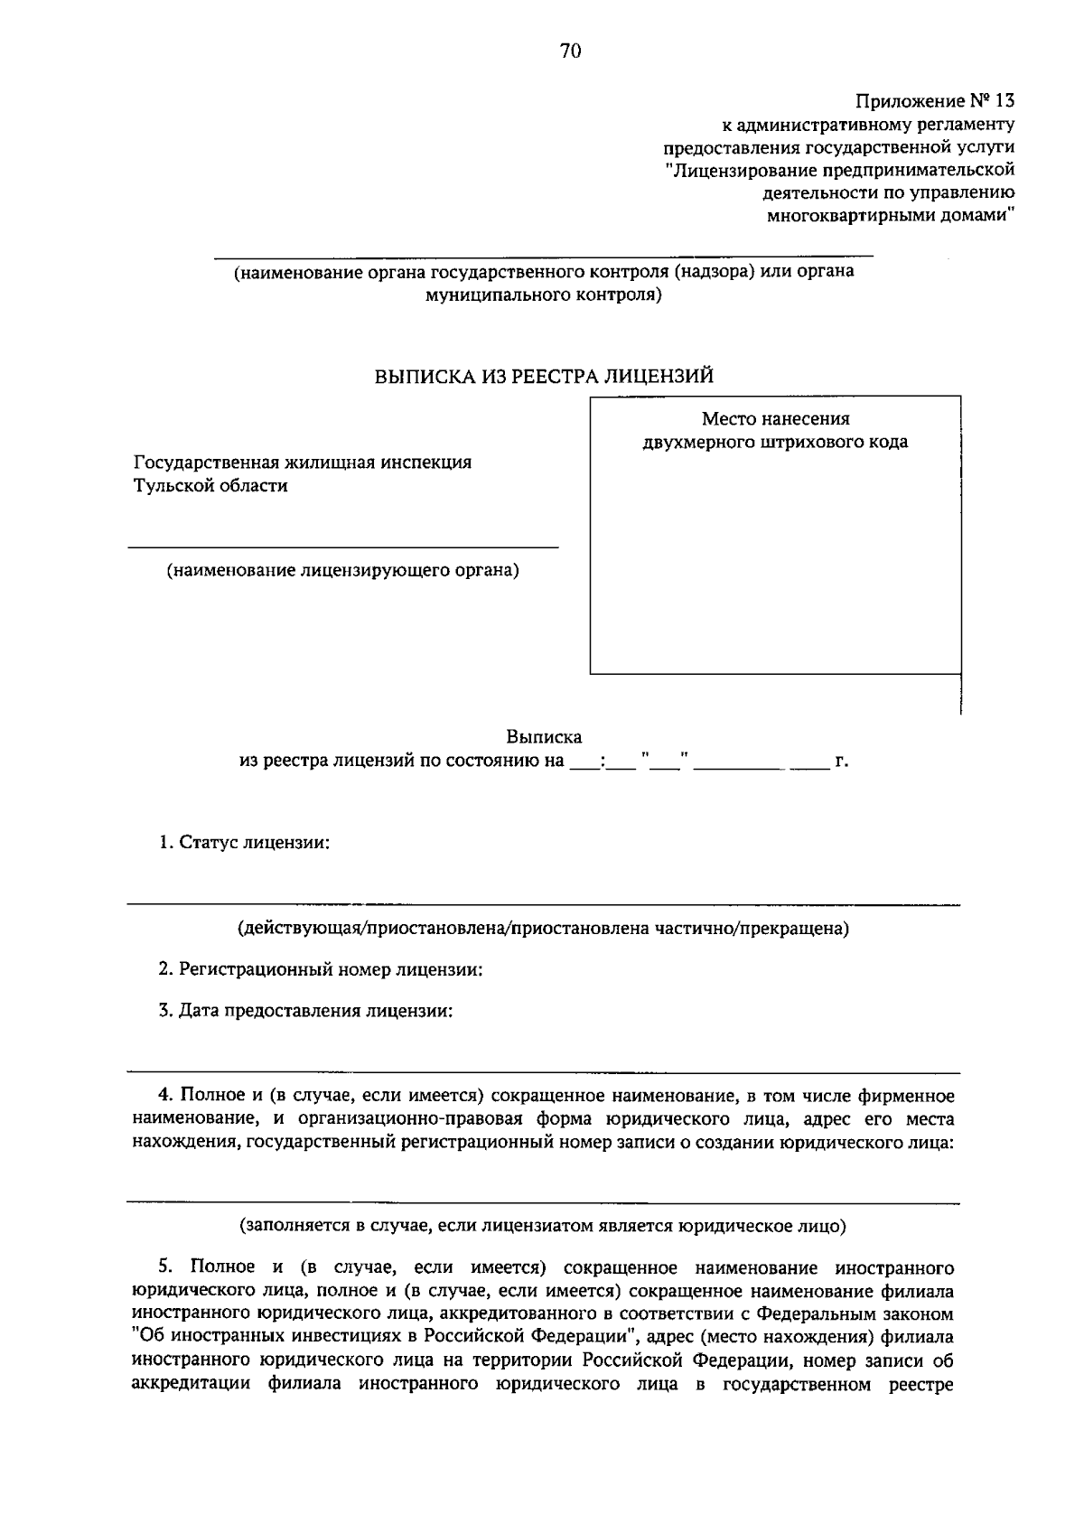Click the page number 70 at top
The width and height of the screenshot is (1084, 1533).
click(570, 51)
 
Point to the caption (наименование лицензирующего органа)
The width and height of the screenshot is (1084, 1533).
click(342, 571)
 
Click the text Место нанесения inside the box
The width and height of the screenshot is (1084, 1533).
click(775, 419)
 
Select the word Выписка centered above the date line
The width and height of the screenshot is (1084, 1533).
click(544, 737)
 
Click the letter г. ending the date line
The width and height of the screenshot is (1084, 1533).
click(841, 762)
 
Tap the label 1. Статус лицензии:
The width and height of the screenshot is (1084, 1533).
click(244, 843)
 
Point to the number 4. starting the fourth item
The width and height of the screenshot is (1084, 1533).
click(165, 1096)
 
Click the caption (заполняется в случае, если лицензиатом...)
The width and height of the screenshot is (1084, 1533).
click(543, 1227)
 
